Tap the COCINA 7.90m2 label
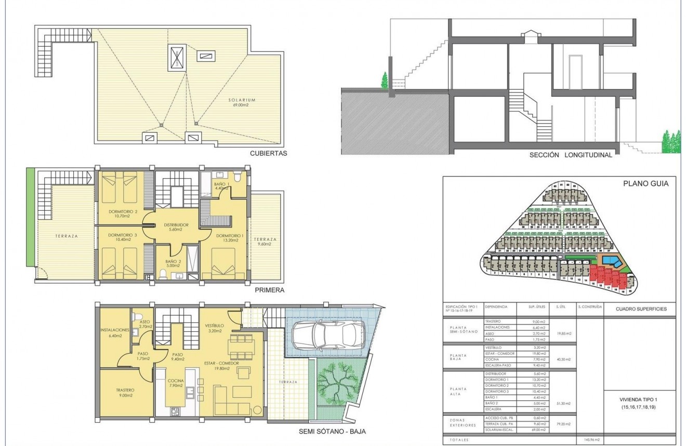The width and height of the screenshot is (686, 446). (x=176, y=383)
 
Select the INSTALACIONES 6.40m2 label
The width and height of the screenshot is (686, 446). (x=115, y=333)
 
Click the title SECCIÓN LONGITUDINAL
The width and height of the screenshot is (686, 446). (x=571, y=155)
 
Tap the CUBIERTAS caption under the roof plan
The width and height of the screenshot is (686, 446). (x=268, y=153)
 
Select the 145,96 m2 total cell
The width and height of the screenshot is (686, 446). (x=589, y=440)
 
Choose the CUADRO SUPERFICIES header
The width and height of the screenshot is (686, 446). (x=641, y=309)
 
